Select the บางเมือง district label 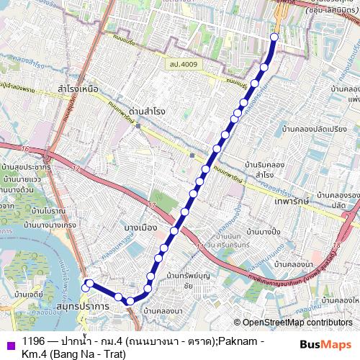tap(140, 228)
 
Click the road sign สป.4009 tap(183, 64)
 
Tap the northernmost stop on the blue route tap(274, 37)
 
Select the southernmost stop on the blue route tap(129, 301)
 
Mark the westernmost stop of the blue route tap(85, 288)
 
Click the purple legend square tap(9, 342)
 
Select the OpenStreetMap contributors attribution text tap(293, 323)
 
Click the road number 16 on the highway tap(26, 149)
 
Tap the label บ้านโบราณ tap(49, 210)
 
